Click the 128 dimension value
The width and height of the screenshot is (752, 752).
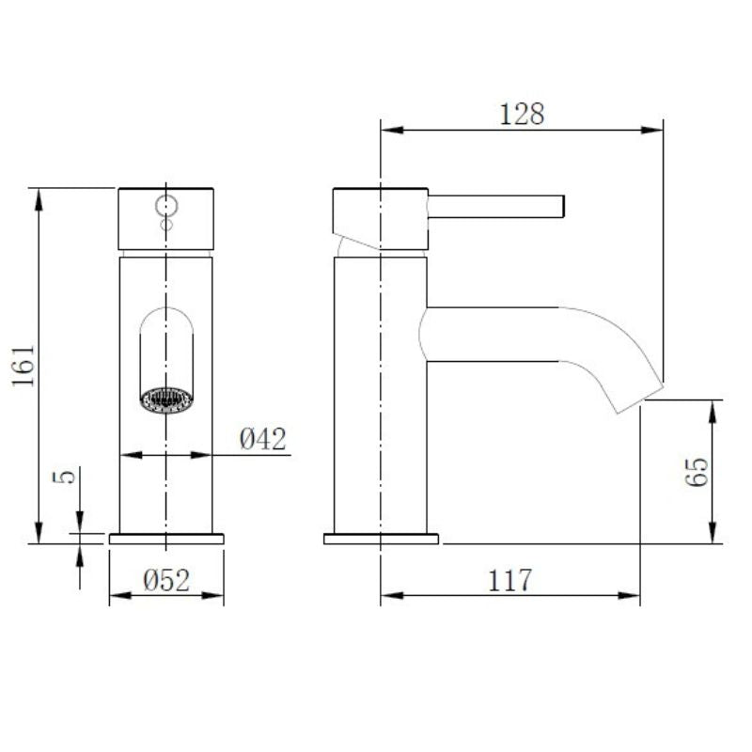(x=522, y=114)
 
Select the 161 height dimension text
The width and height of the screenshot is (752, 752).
(x=25, y=365)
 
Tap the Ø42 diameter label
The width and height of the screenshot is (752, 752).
(x=262, y=439)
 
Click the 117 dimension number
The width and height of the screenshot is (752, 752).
(x=509, y=580)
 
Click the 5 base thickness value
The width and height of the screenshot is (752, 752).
(x=65, y=477)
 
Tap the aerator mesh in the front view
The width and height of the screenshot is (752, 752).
(x=166, y=400)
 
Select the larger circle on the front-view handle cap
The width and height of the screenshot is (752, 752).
(x=166, y=204)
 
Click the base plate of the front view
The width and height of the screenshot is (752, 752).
(x=166, y=539)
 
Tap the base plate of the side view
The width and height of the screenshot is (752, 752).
(x=381, y=539)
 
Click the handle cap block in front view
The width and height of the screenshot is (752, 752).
(x=166, y=219)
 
